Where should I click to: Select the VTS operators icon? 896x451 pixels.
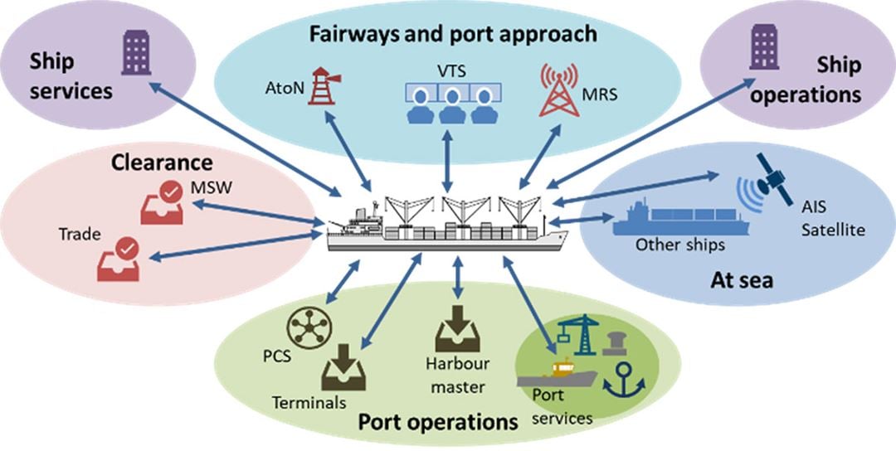[449, 103]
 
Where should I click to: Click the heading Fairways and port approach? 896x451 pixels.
[453, 34]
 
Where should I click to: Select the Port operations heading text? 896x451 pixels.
[437, 421]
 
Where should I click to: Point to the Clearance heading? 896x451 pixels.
[163, 162]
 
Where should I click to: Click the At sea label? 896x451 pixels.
[741, 280]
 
